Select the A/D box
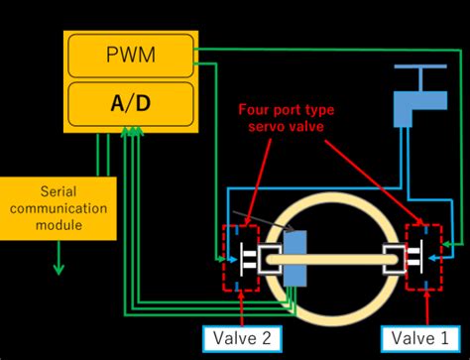pyautogui.click(x=130, y=102)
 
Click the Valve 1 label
pyautogui.click(x=413, y=337)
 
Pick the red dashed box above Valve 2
pyautogui.click(x=242, y=259)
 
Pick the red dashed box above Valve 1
pyautogui.click(x=423, y=259)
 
